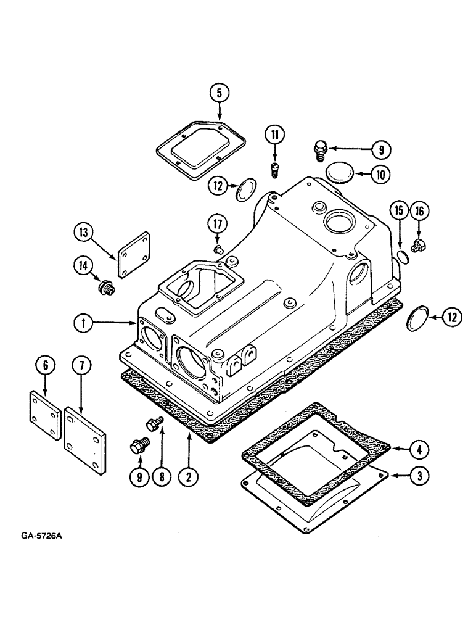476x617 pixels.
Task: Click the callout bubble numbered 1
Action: tap(82, 322)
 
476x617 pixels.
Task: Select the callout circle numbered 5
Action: tap(219, 93)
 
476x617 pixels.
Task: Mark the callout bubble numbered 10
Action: tap(380, 175)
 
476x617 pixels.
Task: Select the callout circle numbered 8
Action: tap(162, 476)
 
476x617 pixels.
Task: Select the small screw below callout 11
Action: tap(276, 169)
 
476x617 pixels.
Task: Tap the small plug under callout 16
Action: tap(421, 246)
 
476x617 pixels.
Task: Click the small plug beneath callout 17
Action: tap(216, 248)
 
